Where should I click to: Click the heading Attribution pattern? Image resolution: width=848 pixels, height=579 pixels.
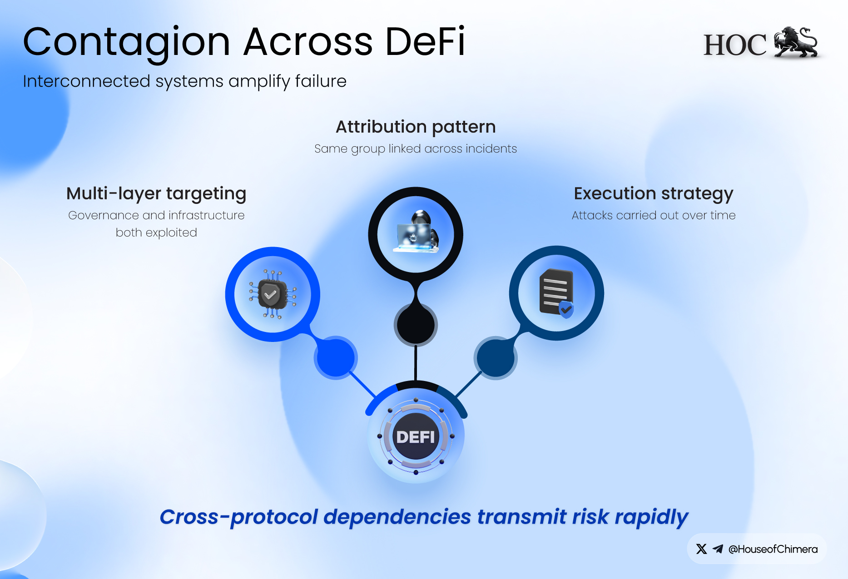pyautogui.click(x=416, y=127)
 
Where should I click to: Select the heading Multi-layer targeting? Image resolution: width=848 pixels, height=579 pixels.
pyautogui.click(x=156, y=194)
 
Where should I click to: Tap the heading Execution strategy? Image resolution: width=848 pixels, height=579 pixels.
pyautogui.click(x=654, y=194)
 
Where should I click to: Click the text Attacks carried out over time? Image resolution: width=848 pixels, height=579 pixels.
pyautogui.click(x=654, y=215)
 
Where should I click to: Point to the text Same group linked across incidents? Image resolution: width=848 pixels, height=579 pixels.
pyautogui.click(x=416, y=149)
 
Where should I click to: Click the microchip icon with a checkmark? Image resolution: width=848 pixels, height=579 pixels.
pyautogui.click(x=273, y=294)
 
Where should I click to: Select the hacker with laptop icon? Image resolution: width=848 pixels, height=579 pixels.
pyautogui.click(x=416, y=232)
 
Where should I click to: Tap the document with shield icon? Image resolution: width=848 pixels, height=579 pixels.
pyautogui.click(x=556, y=293)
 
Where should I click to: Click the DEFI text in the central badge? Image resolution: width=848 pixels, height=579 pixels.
pyautogui.click(x=416, y=437)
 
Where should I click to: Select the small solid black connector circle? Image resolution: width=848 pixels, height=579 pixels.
pyautogui.click(x=416, y=325)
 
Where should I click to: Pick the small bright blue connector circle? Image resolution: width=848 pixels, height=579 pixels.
pyautogui.click(x=336, y=358)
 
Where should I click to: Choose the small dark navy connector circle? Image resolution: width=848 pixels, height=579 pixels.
pyautogui.click(x=496, y=358)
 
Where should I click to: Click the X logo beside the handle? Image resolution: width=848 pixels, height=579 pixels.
pyautogui.click(x=701, y=549)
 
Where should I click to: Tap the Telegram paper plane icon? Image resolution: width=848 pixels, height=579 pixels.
pyautogui.click(x=718, y=549)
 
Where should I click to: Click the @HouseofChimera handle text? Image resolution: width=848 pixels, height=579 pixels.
pyautogui.click(x=773, y=549)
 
